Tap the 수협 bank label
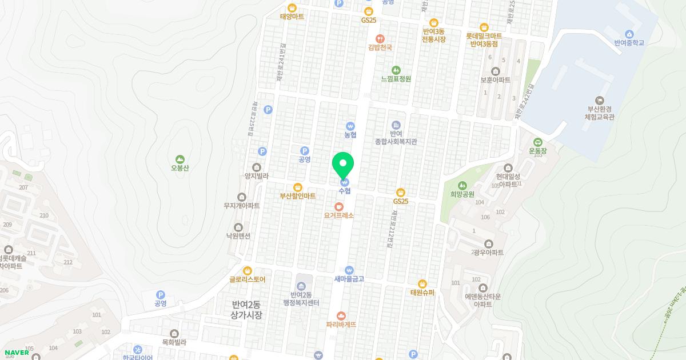[x=344, y=191]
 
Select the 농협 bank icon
[x=350, y=126]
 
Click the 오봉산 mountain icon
[x=180, y=159]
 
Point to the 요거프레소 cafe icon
[x=339, y=206]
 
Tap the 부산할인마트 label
[x=297, y=196]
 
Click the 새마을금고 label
[x=349, y=279]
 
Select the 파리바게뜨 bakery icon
[x=341, y=315]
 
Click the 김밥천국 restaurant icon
[x=380, y=39]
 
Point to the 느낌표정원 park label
[x=396, y=79]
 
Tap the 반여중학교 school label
[x=629, y=43]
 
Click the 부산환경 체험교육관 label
[x=599, y=113]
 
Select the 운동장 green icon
[x=538, y=142]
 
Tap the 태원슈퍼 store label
[x=422, y=293]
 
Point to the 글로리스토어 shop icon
[x=248, y=270]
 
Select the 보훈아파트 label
[x=495, y=80]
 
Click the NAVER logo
[x=17, y=353]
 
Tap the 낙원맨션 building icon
[x=238, y=227]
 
